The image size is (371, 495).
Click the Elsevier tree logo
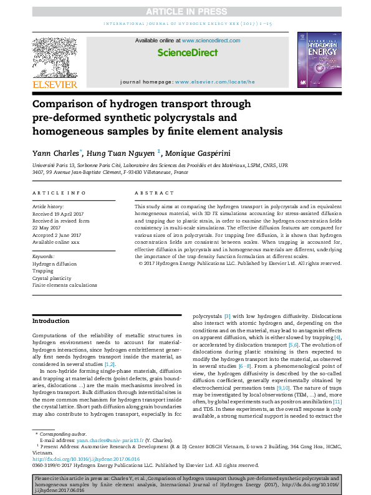pos(55,59)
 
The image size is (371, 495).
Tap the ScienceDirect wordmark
pos(187,52)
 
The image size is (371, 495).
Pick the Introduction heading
pos(51,321)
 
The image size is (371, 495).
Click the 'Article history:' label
pos(48,206)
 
